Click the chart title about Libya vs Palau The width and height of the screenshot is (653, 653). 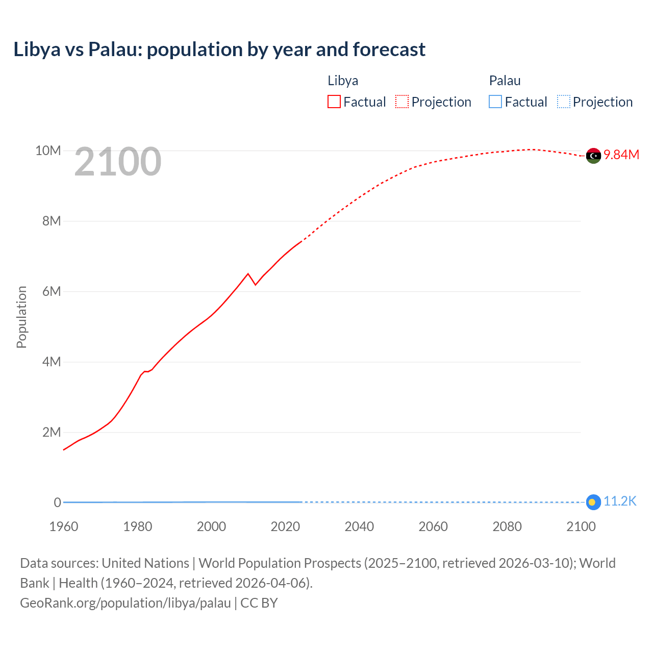219,49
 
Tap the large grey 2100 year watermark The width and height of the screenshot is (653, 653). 118,162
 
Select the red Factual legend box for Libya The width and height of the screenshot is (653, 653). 334,102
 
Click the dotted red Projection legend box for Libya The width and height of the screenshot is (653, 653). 402,102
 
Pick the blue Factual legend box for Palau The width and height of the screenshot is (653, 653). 495,102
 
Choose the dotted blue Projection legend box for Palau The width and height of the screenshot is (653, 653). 563,102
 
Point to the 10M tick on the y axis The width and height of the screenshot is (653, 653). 48,150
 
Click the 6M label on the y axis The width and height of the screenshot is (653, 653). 51,291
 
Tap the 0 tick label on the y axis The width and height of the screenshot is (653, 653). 57,503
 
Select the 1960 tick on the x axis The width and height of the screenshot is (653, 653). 64,526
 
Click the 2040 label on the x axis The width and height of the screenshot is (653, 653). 359,526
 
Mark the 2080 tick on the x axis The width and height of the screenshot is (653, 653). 507,526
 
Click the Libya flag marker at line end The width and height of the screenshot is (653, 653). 593,156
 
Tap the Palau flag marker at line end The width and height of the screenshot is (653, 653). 593,503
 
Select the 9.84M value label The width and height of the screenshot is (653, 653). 621,155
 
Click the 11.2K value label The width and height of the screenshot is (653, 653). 620,501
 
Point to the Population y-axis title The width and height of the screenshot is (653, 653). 21,317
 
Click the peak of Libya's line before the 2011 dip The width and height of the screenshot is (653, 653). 248,274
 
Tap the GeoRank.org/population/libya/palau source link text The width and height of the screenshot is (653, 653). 125,603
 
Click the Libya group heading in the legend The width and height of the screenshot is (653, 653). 343,81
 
